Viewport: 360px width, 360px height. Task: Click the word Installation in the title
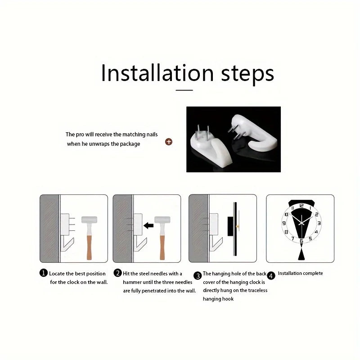157,73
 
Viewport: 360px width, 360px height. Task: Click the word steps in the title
247,74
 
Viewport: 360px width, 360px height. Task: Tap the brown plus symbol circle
169,142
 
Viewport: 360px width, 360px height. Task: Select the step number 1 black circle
43,273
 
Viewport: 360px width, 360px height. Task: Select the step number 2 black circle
117,273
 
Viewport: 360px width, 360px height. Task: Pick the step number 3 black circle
198,275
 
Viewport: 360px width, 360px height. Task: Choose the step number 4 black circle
271,275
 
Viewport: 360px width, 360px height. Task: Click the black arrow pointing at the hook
148,225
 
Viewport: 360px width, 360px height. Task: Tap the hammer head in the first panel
89,220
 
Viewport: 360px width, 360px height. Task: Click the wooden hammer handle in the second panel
162,247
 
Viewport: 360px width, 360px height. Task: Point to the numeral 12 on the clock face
301,206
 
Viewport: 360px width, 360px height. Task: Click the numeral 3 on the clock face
319,223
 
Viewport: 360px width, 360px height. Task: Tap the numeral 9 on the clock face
284,223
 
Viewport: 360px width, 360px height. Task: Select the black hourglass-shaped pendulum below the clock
301,252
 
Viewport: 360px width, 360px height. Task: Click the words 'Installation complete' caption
300,273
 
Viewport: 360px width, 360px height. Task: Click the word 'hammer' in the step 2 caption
132,282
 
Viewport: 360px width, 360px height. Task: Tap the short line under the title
184,90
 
